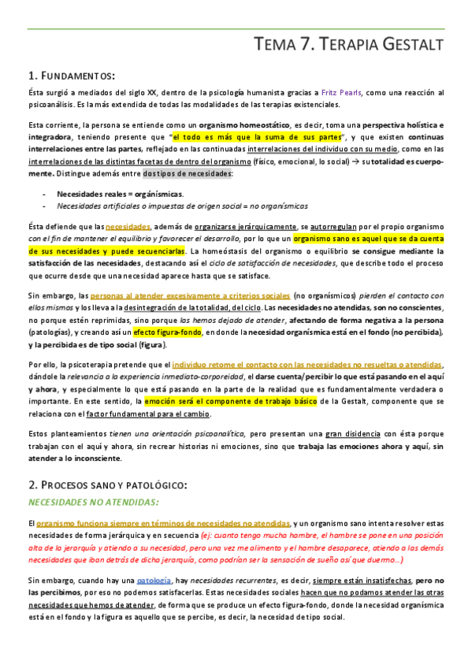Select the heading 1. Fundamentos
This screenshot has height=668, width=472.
click(x=72, y=76)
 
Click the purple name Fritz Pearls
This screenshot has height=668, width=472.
click(x=340, y=92)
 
